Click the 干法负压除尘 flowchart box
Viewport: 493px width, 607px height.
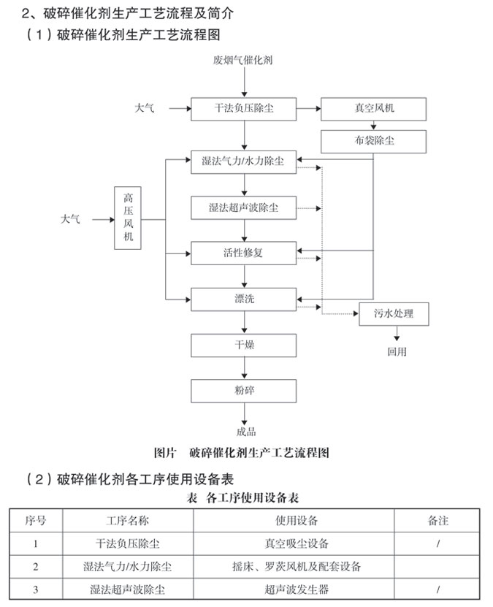[x=244, y=108]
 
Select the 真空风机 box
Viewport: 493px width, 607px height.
[x=373, y=108]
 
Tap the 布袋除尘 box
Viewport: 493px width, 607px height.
[x=373, y=141]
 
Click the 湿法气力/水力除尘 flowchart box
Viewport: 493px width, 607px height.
[x=244, y=161]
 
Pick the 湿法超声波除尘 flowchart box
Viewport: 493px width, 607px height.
[x=244, y=208]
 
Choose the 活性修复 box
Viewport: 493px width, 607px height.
[x=244, y=253]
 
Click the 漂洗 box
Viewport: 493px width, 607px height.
[x=244, y=299]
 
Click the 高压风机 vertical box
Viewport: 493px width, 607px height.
[x=129, y=218]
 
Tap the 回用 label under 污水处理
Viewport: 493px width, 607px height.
[x=397, y=351]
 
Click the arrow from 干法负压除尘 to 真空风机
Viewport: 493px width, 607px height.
[x=308, y=108]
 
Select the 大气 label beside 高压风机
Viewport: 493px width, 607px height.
[x=72, y=218]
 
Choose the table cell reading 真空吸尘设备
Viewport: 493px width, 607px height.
[x=297, y=543]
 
